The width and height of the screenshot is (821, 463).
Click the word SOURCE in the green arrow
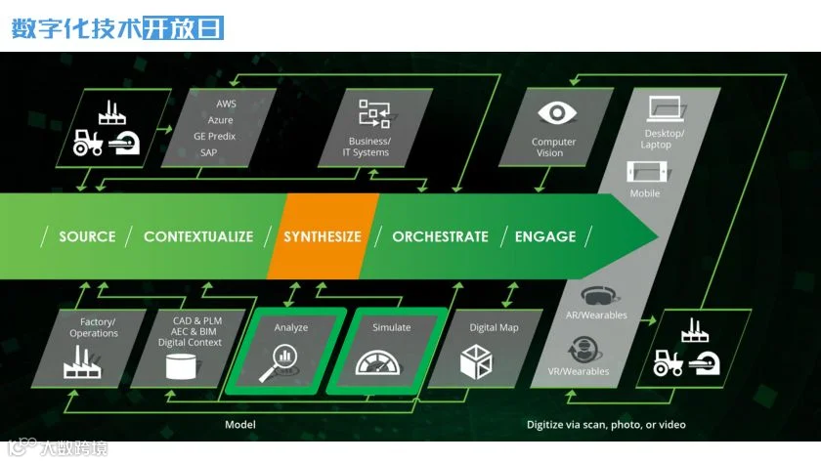[87, 236]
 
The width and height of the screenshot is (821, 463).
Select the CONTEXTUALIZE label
[198, 236]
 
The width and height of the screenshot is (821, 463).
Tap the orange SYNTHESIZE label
[323, 236]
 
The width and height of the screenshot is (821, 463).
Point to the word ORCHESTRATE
[440, 236]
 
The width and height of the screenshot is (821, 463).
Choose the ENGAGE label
[545, 236]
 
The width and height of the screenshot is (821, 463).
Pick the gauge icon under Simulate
[385, 362]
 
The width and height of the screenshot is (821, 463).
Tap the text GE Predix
[215, 136]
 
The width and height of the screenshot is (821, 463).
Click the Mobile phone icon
[646, 171]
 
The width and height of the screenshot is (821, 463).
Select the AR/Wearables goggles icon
[597, 296]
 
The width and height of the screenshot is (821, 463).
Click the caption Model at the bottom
[240, 425]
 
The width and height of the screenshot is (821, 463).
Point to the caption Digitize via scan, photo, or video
[606, 425]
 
